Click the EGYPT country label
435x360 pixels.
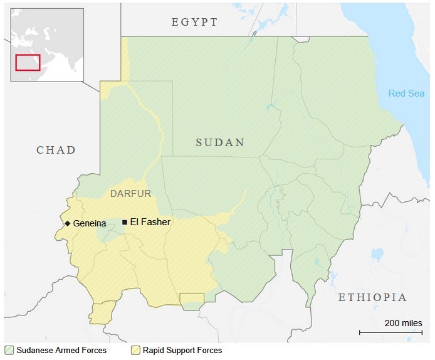click(194, 23)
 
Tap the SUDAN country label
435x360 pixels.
click(219, 142)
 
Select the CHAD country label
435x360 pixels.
click(56, 150)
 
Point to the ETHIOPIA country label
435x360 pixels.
click(372, 297)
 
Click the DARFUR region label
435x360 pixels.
click(131, 194)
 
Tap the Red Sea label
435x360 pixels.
click(406, 93)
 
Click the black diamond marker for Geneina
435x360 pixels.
click(67, 223)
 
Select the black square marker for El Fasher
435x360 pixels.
click(125, 222)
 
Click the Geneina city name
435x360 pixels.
click(90, 223)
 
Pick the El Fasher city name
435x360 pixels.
click(150, 222)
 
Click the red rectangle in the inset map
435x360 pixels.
click(28, 62)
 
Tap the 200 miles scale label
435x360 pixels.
click(403, 323)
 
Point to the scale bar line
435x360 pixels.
click(390, 332)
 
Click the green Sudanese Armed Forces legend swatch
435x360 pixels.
click(9, 350)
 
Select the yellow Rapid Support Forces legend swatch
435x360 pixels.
click(135, 350)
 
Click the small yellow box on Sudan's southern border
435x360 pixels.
click(192, 299)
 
